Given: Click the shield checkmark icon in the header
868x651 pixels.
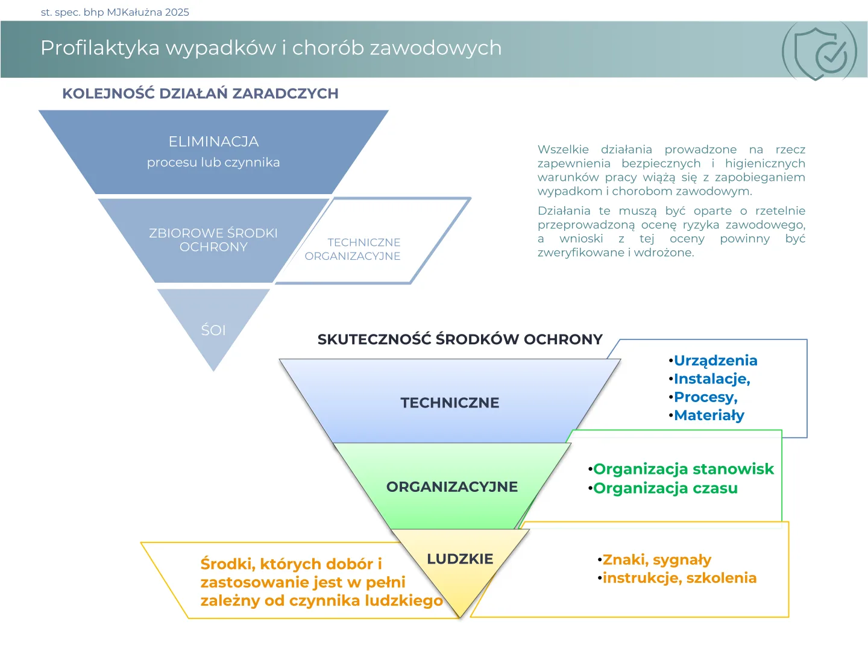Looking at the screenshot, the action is (x=819, y=51).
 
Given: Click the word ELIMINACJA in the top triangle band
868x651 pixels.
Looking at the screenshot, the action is (x=213, y=142).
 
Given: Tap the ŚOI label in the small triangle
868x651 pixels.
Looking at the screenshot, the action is (x=213, y=330).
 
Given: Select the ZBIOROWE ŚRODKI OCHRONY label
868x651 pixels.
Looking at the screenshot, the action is (x=213, y=239).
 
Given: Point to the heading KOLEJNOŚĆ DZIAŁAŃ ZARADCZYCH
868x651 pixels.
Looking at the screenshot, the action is (x=200, y=93).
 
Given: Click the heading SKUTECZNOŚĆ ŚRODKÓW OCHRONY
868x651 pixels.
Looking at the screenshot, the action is (x=460, y=339).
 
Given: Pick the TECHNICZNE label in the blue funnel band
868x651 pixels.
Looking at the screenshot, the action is (x=450, y=403).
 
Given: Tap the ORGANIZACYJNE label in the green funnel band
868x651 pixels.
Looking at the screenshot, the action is (x=452, y=486).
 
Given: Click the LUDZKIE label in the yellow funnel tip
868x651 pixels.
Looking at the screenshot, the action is (x=460, y=559).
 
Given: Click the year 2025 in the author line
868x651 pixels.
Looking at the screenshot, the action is (x=177, y=12).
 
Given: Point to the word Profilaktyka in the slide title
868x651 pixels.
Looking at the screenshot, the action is (x=100, y=48).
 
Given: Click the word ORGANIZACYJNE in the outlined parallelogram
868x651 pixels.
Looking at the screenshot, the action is (x=353, y=256).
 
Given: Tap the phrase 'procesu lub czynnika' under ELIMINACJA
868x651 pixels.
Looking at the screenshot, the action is (x=213, y=163).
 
